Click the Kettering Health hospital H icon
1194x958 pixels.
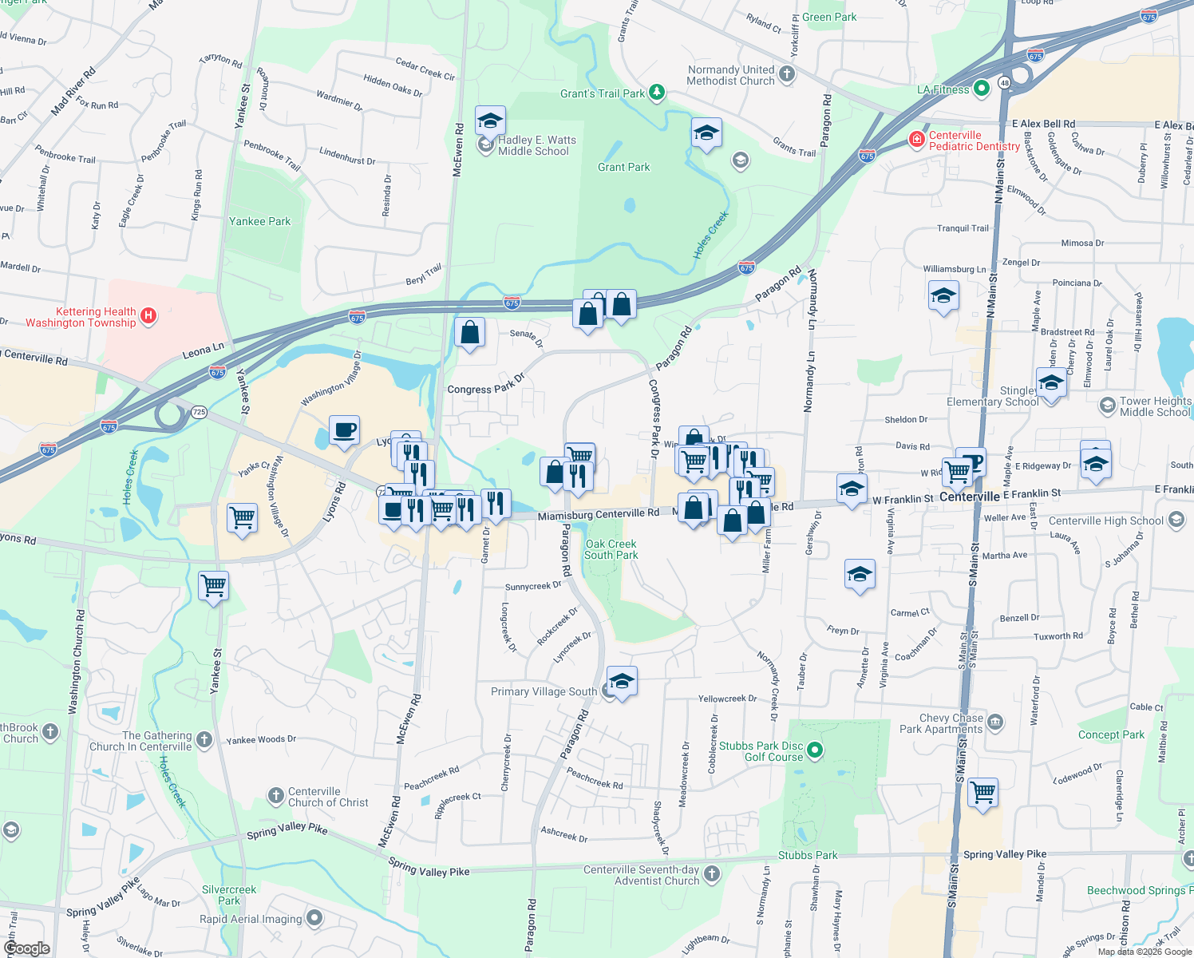148,316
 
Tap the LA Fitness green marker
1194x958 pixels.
982,89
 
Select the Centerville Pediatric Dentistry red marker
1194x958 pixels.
916,141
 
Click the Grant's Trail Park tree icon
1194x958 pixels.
656,93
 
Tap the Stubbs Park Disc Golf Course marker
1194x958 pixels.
814,750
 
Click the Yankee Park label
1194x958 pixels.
259,221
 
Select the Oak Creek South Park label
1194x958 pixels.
611,549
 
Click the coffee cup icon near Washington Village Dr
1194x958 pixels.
345,430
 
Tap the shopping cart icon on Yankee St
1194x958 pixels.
214,585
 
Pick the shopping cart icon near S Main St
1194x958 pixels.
982,792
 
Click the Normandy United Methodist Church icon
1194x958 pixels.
787,74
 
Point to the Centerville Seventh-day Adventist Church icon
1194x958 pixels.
711,874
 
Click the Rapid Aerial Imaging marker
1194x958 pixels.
314,918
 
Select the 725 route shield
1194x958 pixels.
199,412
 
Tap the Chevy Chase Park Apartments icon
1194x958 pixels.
994,722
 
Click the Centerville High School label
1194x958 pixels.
1105,521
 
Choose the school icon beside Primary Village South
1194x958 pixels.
622,681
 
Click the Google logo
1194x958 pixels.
26,948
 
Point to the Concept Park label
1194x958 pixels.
1111,734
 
